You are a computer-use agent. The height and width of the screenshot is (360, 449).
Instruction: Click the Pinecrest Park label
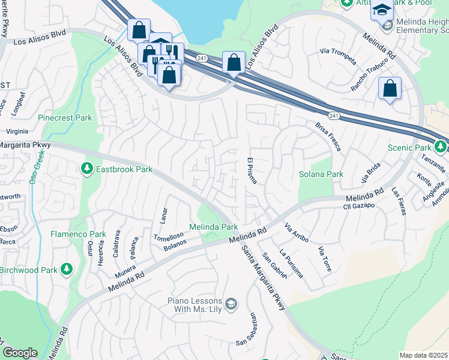pyautogui.click(x=65, y=118)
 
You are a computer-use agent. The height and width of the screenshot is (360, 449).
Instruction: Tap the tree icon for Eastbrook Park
pyautogui.click(x=87, y=170)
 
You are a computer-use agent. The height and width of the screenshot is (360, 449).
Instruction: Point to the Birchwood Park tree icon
pyautogui.click(x=67, y=270)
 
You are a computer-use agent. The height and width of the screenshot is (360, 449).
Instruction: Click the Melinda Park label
pyautogui.click(x=214, y=227)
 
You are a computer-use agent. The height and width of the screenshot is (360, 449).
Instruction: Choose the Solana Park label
pyautogui.click(x=321, y=174)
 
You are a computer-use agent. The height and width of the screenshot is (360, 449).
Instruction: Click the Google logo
pyautogui.click(x=20, y=353)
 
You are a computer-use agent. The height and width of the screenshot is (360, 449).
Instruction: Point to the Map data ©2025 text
pyautogui.click(x=423, y=355)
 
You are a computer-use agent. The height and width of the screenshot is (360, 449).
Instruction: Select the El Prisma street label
pyautogui.click(x=252, y=171)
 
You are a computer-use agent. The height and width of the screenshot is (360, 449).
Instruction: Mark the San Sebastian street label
pyautogui.click(x=247, y=330)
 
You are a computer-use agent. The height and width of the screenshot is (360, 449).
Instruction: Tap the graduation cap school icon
pyautogui.click(x=381, y=10)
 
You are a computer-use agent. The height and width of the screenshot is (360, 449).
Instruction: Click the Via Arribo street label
pyautogui.click(x=297, y=232)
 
